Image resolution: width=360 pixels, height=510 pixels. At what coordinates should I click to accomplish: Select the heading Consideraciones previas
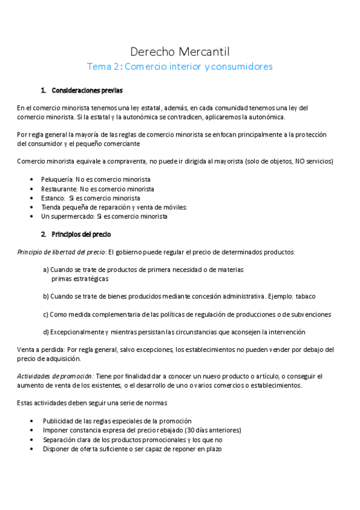pos(87,91)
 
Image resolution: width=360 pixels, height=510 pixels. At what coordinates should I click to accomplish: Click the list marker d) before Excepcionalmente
pos(46,332)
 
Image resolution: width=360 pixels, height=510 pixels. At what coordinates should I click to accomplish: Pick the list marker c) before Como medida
pos(46,314)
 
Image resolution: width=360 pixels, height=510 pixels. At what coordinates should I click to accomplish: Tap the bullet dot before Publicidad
pos(31,421)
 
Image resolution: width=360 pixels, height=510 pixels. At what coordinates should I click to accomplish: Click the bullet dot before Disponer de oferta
pos(31,449)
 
